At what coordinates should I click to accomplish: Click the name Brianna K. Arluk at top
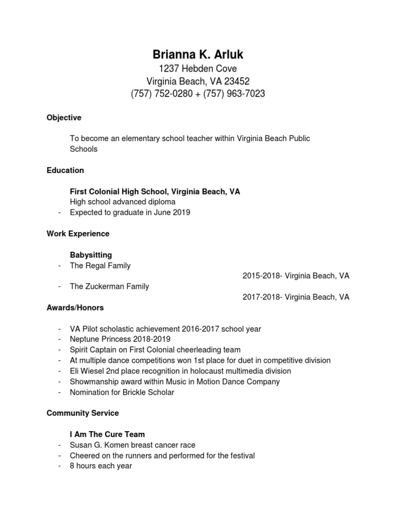tap(198, 55)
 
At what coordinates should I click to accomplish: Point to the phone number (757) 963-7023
tap(235, 94)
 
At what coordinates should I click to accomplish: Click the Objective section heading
tap(64, 118)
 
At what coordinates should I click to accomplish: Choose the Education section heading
tap(65, 170)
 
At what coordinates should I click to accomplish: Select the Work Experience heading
tap(78, 234)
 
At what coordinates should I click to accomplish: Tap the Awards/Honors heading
tap(75, 308)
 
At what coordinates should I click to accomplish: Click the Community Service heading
tap(82, 413)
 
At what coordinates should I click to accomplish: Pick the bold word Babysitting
tap(91, 255)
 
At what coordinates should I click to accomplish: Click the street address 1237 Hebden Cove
tap(198, 68)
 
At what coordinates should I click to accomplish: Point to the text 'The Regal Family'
tap(100, 266)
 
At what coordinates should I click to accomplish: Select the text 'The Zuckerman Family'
tap(109, 287)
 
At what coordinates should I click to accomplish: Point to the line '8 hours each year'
tap(101, 466)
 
